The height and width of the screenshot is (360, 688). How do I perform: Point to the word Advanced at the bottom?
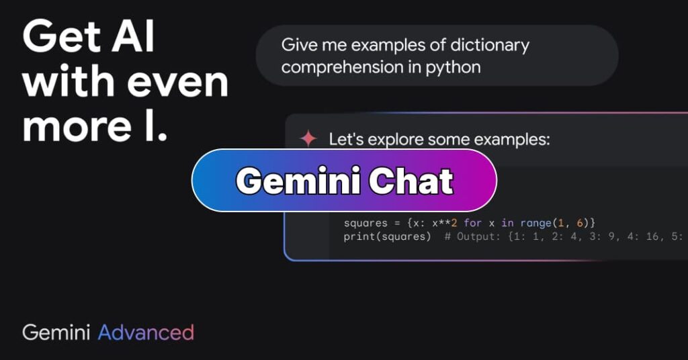(146, 332)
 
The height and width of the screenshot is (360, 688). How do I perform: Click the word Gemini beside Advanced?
(57, 332)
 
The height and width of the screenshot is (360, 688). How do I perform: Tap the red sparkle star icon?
(308, 139)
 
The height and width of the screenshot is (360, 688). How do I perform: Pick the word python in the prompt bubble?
(454, 67)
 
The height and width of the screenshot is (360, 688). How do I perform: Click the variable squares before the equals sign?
(365, 222)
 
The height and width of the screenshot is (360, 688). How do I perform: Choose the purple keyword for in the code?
(472, 222)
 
